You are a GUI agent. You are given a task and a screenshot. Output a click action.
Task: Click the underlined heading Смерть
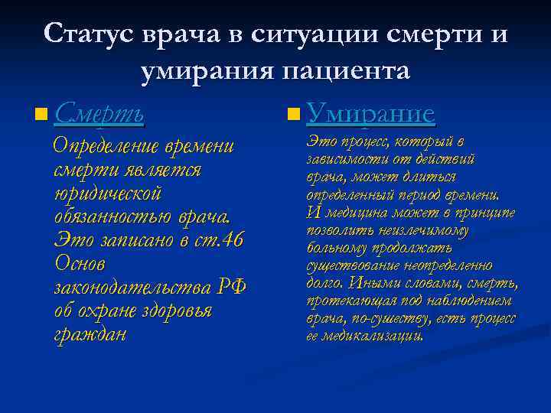point(99,115)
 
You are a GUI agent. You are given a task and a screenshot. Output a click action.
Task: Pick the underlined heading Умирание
point(370,115)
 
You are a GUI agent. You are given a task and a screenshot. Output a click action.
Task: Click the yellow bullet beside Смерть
point(39,116)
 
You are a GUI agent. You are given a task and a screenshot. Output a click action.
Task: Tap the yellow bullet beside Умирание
point(292,116)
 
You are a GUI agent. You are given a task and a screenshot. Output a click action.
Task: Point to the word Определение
point(103,146)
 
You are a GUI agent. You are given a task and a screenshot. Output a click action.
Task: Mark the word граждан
point(90,334)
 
